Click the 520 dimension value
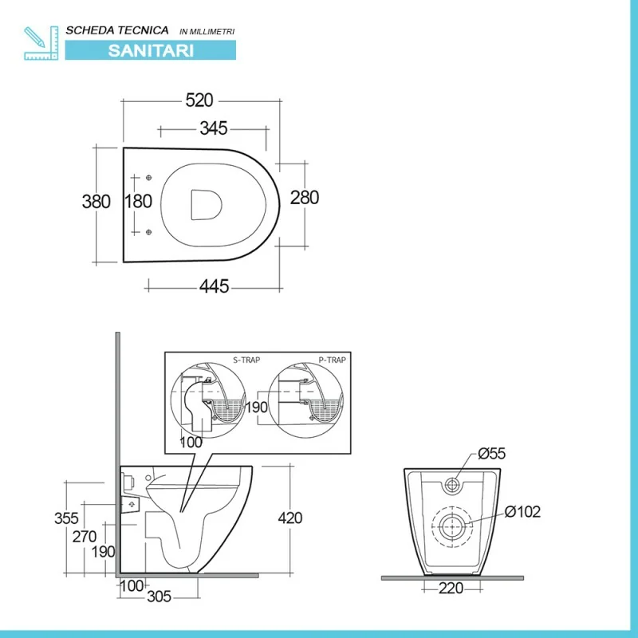(x=199, y=100)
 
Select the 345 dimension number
(x=213, y=128)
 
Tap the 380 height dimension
(x=96, y=202)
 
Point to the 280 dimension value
(x=305, y=198)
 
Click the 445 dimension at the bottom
(x=214, y=286)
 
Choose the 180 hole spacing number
(x=138, y=202)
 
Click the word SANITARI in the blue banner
(x=151, y=51)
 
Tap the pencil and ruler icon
(x=41, y=43)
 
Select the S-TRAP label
(x=246, y=360)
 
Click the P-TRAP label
(x=332, y=360)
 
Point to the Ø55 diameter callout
(x=491, y=453)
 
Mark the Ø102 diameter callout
(x=522, y=512)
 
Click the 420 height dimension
(x=290, y=518)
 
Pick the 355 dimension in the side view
(x=66, y=518)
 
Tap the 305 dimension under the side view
(x=159, y=597)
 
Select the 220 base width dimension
(x=451, y=588)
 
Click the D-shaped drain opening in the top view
(x=207, y=205)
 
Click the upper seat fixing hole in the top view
(x=148, y=178)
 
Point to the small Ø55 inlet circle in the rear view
(x=451, y=485)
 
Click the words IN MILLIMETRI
(x=207, y=32)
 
